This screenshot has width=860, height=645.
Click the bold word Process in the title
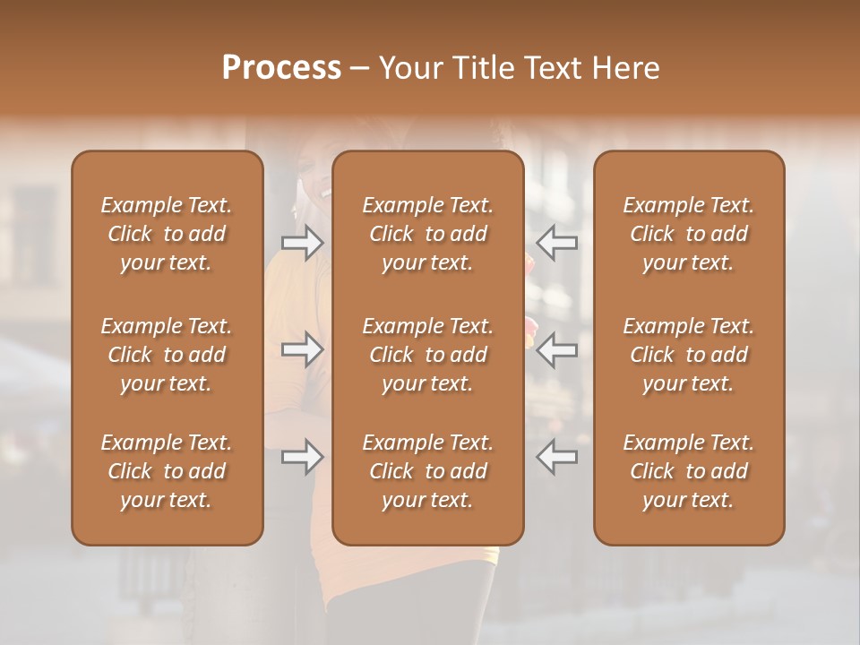(281, 68)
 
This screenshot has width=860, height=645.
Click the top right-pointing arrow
(302, 243)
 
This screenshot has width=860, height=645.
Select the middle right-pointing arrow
(302, 348)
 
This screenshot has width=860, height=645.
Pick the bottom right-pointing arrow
(302, 457)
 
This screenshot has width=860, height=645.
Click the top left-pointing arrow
(557, 243)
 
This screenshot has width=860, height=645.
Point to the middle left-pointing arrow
(557, 348)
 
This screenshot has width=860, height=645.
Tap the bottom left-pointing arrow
(557, 457)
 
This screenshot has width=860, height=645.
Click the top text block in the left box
(167, 234)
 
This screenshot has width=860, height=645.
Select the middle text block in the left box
(167, 355)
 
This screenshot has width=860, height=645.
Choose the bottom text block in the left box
(167, 471)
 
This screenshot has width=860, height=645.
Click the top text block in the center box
(428, 234)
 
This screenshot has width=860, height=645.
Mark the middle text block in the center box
(428, 355)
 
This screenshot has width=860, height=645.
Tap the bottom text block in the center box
(428, 471)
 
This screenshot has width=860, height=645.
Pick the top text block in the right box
(689, 234)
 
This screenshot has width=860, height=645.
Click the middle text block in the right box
(689, 355)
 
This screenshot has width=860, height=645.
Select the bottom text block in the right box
(689, 471)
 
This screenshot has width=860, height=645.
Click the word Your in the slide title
(411, 68)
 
